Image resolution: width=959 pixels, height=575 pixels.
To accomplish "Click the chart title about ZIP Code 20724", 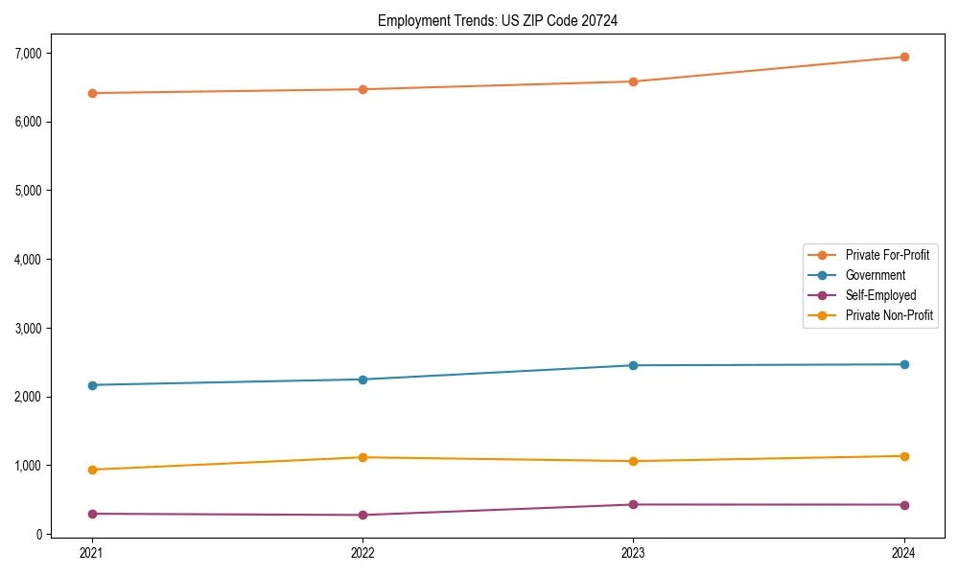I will [x=497, y=20].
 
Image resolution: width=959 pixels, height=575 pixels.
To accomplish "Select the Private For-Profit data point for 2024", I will [x=904, y=57].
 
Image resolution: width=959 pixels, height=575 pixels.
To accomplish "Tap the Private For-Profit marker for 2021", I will [x=92, y=93].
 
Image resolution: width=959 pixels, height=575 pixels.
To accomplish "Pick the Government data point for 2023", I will [x=633, y=365].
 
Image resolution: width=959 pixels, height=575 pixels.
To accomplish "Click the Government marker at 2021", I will [x=92, y=385].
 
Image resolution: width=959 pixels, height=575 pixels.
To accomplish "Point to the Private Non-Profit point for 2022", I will [x=363, y=457].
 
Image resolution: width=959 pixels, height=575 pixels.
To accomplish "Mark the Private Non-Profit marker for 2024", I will [x=904, y=456].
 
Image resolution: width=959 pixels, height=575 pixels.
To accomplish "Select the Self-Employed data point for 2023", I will [x=633, y=505].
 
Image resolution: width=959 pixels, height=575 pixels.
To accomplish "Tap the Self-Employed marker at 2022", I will [x=363, y=516].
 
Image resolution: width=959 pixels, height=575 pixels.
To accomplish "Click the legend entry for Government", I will [x=875, y=275].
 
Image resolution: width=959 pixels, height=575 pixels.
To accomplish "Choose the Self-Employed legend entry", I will [x=880, y=295].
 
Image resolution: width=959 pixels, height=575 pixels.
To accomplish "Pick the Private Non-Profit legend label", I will [x=889, y=315].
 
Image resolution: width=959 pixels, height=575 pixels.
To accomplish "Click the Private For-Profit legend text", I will [x=887, y=255].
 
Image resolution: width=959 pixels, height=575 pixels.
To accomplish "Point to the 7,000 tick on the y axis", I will [x=27, y=53].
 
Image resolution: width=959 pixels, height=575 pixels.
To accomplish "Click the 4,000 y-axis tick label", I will [x=27, y=260].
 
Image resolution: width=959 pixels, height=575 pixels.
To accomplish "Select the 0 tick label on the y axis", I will [x=39, y=535].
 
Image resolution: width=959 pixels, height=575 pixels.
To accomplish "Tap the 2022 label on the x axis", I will [x=363, y=553].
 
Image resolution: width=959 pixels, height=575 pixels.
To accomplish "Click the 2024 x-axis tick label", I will [x=904, y=553].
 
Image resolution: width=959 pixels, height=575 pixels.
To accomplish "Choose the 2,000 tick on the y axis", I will [x=27, y=397].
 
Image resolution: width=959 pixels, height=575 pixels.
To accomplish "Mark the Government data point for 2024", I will [x=904, y=364].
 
